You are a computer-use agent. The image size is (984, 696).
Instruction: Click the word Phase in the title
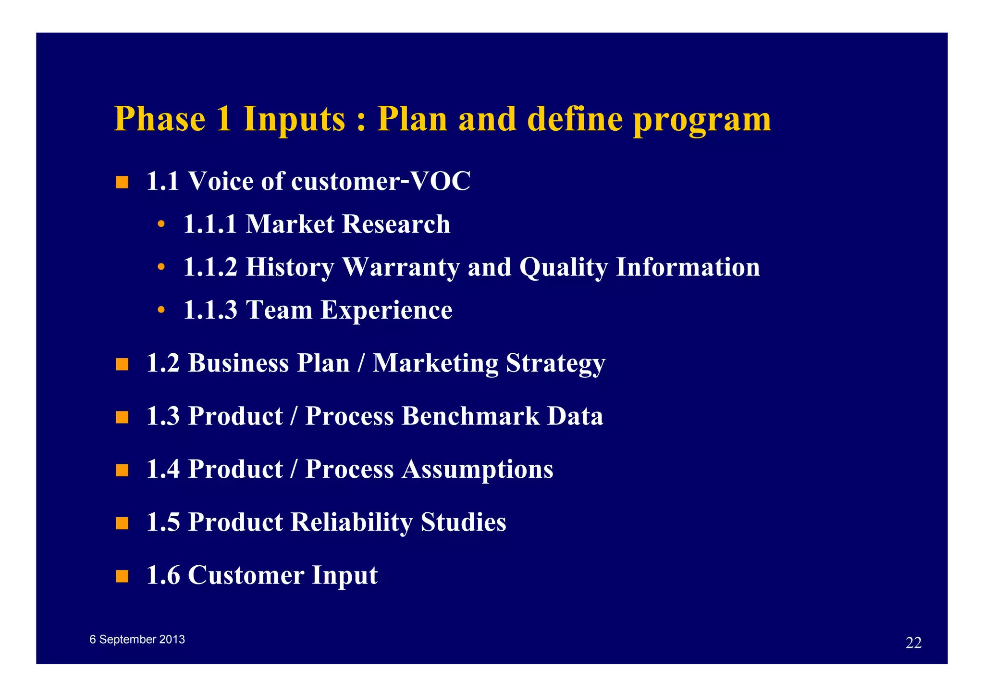click(160, 119)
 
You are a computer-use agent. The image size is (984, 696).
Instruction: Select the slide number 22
click(913, 643)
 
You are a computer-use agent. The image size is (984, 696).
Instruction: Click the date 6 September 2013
click(137, 639)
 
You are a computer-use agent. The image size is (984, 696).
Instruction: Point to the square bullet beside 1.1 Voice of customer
click(122, 183)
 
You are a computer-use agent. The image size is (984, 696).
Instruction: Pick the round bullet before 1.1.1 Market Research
click(161, 224)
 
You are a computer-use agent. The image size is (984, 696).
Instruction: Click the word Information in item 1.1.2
click(688, 267)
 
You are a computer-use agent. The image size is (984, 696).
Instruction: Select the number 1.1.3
click(210, 310)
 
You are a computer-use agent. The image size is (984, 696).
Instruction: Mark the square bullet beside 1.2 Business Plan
click(122, 364)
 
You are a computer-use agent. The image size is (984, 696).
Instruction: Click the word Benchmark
click(470, 416)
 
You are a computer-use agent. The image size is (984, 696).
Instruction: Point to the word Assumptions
click(477, 470)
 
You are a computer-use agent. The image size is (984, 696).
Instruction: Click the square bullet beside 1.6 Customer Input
click(122, 576)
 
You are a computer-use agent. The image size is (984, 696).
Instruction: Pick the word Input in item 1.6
click(344, 576)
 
